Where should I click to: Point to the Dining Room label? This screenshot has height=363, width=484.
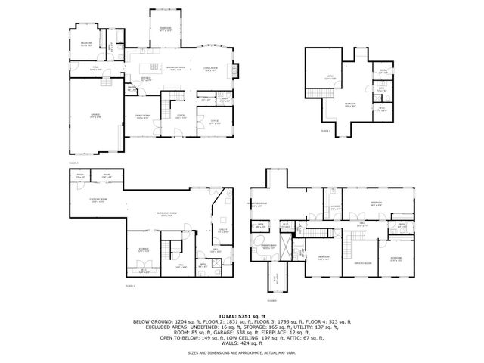coord(142,117)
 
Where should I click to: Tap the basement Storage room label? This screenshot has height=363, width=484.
coord(144,249)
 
